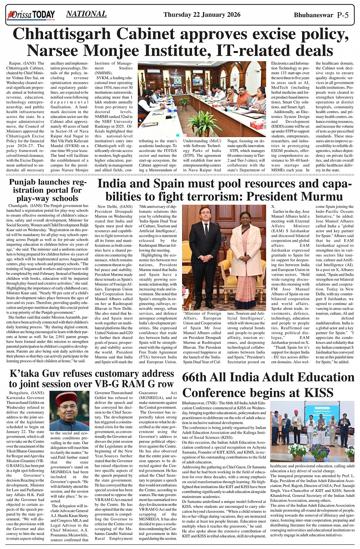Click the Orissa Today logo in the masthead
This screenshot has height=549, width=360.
click(x=31, y=15)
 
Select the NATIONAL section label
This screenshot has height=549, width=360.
click(x=86, y=14)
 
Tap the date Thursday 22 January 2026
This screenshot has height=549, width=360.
click(x=202, y=15)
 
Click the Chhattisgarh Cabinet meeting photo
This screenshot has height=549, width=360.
click(x=202, y=99)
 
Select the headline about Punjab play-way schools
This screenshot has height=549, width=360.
click(x=48, y=190)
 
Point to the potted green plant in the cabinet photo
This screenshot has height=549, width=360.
click(x=205, y=123)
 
